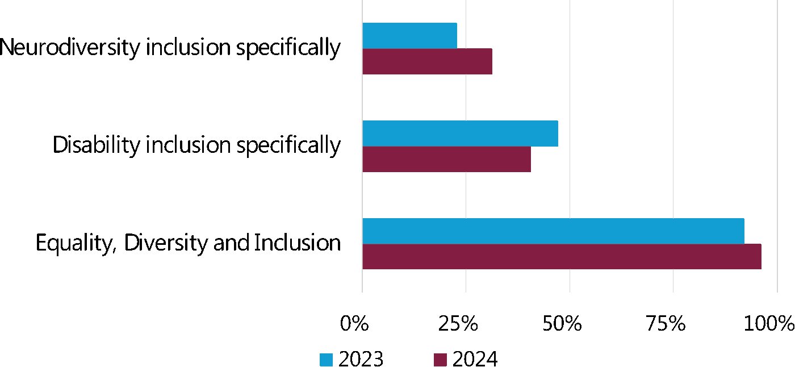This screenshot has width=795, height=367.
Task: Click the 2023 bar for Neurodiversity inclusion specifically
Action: click(x=409, y=36)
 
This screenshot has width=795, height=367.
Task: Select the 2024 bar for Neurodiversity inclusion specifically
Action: click(x=427, y=61)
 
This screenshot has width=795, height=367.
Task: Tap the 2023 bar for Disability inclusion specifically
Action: click(x=460, y=134)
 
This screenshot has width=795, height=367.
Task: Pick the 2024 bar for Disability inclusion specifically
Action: click(x=446, y=159)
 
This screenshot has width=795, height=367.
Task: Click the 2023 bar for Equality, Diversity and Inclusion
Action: click(x=553, y=231)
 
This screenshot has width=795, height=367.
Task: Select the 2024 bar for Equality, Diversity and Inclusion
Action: click(x=562, y=256)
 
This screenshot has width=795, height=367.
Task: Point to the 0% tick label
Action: click(x=355, y=324)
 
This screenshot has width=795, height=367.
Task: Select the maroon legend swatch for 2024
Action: click(x=440, y=360)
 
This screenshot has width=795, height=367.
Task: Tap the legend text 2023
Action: click(x=361, y=359)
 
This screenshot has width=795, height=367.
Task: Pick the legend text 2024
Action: click(x=475, y=359)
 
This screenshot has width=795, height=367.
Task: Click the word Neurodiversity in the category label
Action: click(x=70, y=48)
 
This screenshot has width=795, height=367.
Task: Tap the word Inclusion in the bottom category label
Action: click(x=297, y=243)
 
